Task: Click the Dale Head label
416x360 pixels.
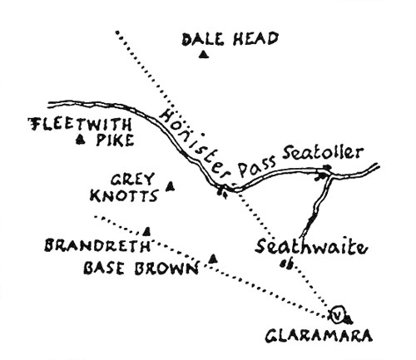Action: [230, 39]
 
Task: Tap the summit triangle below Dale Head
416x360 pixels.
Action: [204, 55]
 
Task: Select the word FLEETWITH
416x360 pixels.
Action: [80, 125]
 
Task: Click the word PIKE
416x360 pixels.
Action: [115, 140]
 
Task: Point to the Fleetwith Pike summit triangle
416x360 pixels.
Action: [81, 140]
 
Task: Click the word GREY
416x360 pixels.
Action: [132, 180]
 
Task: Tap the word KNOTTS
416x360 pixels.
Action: [124, 195]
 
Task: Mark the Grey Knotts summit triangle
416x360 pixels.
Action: [170, 186]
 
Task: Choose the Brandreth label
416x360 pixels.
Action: [97, 245]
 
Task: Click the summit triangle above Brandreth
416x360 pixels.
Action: [147, 232]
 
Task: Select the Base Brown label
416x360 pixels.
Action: [141, 268]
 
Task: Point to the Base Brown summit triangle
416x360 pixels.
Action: [213, 259]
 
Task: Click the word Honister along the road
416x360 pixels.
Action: [194, 145]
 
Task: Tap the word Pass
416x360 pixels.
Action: [257, 166]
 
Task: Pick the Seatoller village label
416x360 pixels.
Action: [323, 153]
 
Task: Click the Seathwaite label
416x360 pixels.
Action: [311, 246]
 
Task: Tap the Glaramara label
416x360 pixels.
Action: [319, 336]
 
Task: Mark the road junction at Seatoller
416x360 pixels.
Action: [329, 174]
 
